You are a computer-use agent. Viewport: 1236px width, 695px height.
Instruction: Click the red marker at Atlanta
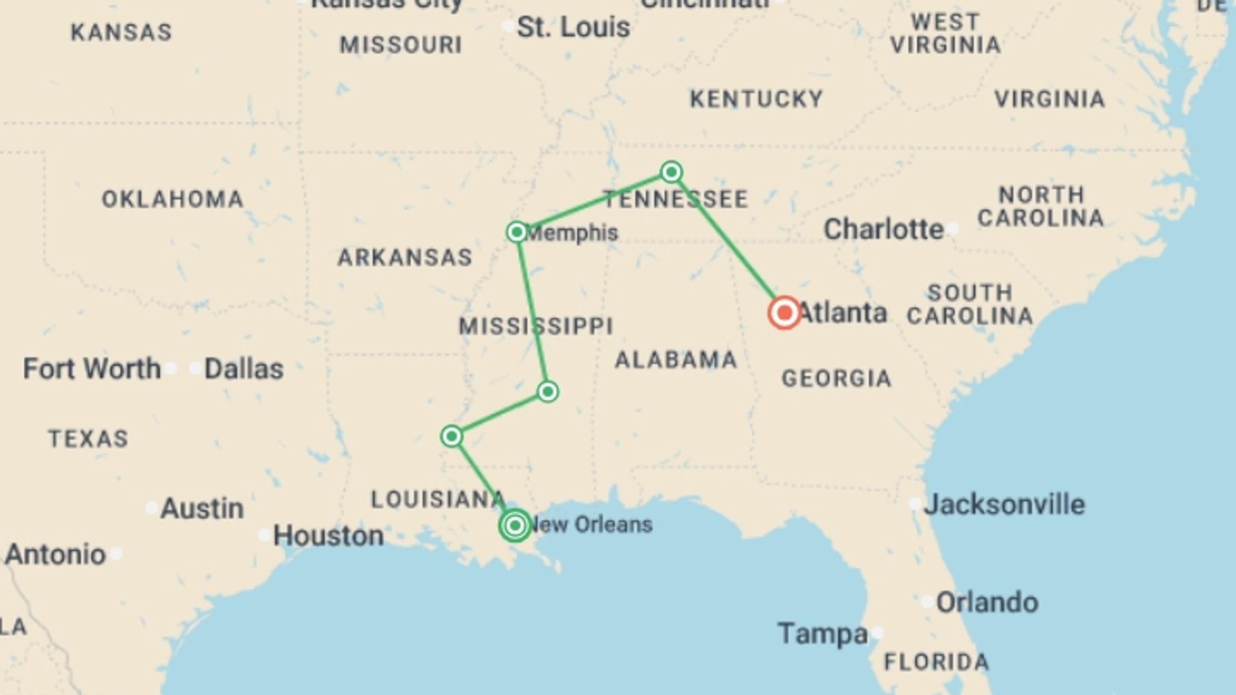tap(784, 313)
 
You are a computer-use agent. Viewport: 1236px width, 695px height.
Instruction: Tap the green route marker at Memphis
tap(517, 232)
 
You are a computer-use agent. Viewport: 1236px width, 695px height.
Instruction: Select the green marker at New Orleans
tap(515, 526)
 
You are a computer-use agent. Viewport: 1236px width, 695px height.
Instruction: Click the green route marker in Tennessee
tap(671, 172)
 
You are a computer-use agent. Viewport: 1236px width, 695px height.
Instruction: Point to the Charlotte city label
tap(883, 230)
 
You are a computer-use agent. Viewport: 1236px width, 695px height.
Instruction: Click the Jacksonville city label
tap(1004, 505)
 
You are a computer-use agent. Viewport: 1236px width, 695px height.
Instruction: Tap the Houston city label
tap(328, 535)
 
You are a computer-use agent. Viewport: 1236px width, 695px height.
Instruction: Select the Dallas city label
tap(243, 369)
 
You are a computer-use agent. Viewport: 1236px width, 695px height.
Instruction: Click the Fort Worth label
tap(92, 369)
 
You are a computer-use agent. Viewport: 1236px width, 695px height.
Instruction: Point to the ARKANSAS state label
tap(405, 257)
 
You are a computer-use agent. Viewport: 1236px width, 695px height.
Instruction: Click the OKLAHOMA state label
tap(173, 199)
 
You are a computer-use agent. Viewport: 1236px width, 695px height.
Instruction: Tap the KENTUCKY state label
tap(756, 99)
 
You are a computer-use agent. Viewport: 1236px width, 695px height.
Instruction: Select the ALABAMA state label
tap(676, 360)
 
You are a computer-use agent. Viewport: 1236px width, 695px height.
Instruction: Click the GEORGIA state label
tap(836, 378)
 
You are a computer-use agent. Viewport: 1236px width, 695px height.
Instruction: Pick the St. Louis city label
tap(573, 28)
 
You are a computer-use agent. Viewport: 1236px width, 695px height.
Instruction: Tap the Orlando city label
tap(987, 603)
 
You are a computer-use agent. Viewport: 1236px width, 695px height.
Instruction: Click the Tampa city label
tap(823, 634)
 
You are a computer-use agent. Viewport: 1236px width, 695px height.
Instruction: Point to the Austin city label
tap(201, 508)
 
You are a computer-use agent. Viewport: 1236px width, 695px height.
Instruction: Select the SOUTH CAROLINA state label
tap(969, 304)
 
